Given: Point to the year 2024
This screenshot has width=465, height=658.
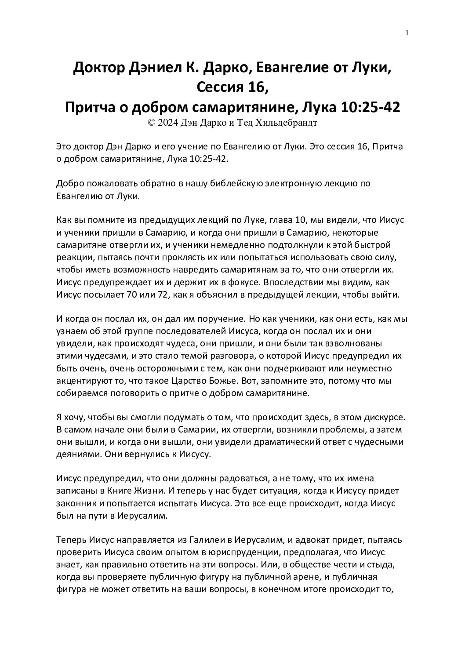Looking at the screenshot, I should pos(168,123).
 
